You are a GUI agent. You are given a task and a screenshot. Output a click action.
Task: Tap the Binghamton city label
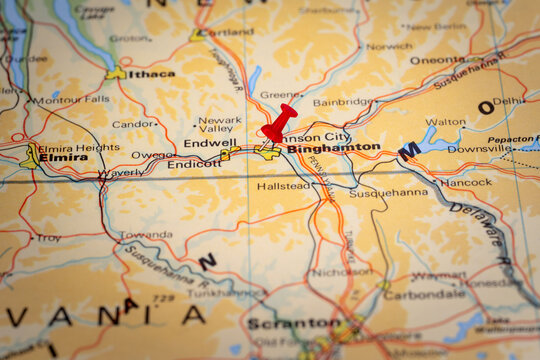tap(333, 148)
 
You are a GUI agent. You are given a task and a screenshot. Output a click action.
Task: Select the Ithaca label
tap(151, 73)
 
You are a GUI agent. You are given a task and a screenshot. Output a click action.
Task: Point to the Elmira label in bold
tap(63, 158)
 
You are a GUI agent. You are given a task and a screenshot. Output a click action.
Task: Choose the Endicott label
tap(194, 163)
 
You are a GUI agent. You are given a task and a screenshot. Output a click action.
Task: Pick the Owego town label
tap(153, 155)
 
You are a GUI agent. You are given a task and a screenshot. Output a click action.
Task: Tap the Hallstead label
tap(283, 186)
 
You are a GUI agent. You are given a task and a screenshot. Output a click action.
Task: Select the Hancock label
tap(466, 183)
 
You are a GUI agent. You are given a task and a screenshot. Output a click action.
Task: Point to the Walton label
tap(445, 122)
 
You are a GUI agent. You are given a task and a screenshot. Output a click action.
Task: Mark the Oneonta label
tap(437, 60)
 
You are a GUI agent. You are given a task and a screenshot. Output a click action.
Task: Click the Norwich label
tap(389, 46)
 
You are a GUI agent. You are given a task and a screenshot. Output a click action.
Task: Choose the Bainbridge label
tap(343, 102)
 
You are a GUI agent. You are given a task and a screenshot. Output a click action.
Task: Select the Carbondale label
tap(424, 295)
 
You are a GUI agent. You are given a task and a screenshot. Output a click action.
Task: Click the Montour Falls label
tap(70, 100)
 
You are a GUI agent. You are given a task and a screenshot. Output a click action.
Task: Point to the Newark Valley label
tap(219, 124)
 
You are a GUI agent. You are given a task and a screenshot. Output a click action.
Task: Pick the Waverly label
tap(120, 174)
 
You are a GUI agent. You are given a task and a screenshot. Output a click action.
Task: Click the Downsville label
tap(479, 148)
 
